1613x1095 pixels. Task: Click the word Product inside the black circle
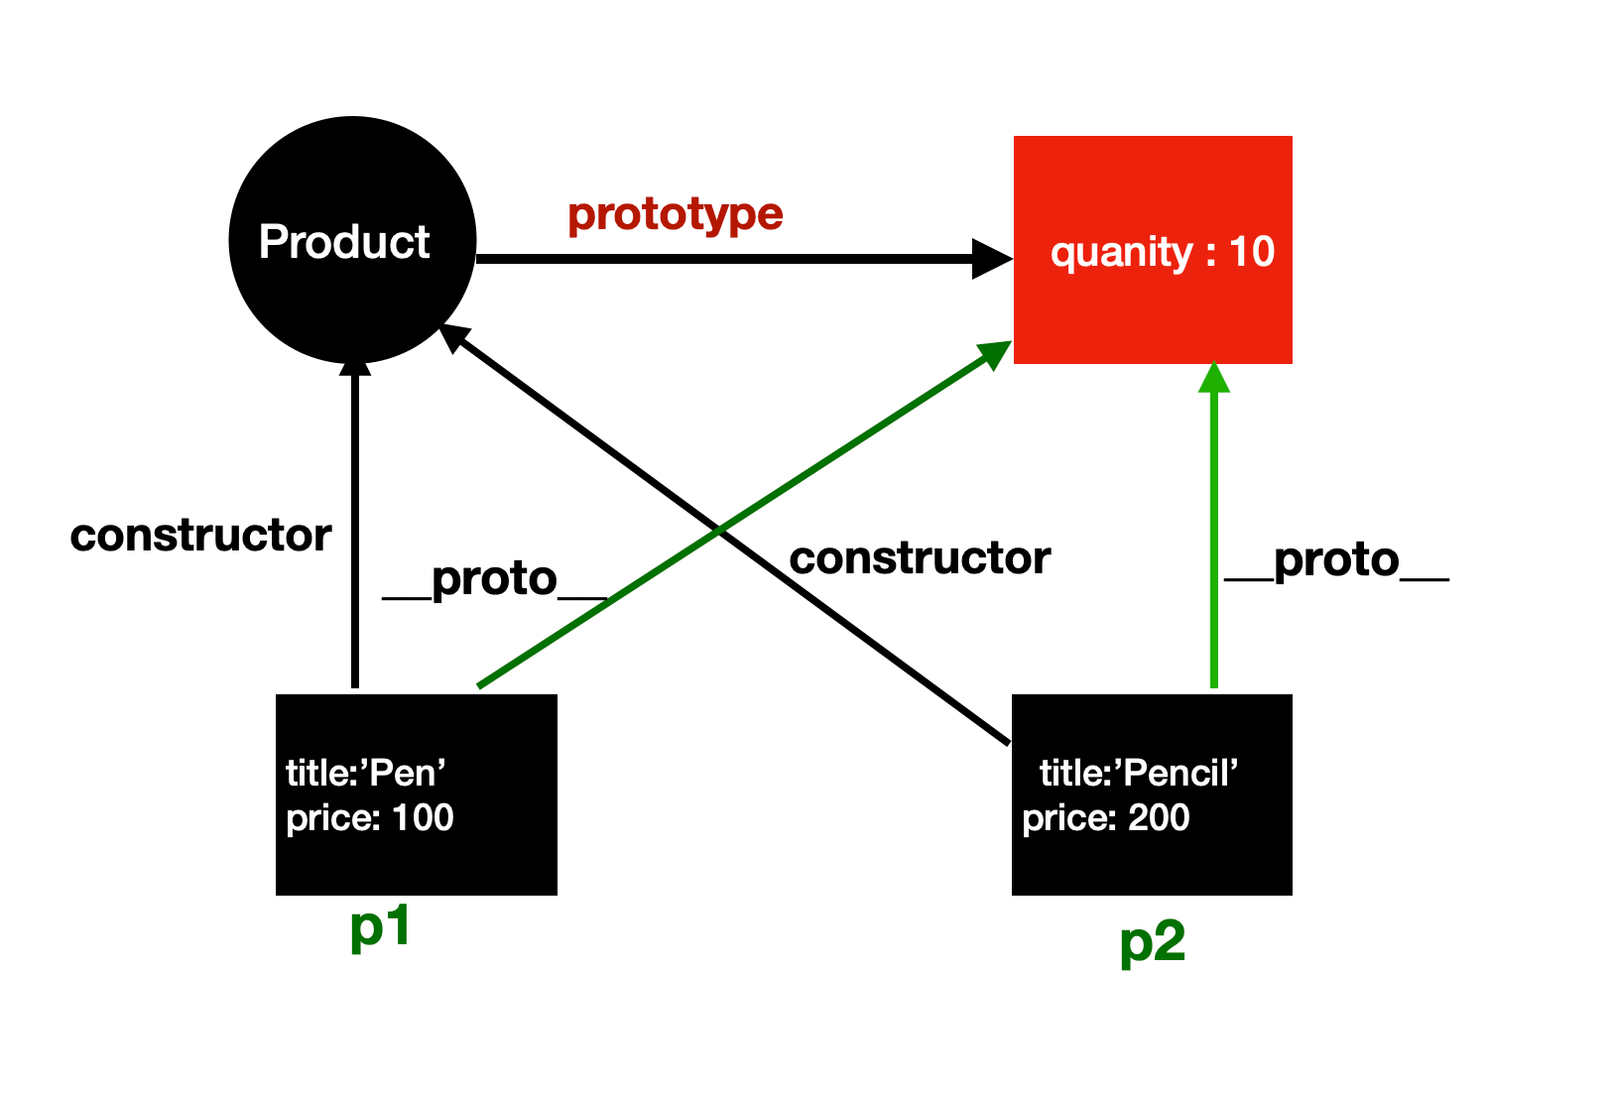(x=344, y=242)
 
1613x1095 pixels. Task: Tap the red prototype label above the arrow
(x=676, y=213)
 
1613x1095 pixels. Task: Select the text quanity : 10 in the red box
(x=1162, y=252)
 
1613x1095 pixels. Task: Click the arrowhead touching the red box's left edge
(x=992, y=259)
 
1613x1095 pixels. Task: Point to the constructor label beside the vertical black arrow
(x=200, y=536)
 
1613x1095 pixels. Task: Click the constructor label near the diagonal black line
(x=920, y=558)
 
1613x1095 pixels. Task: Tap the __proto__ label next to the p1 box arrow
(x=494, y=579)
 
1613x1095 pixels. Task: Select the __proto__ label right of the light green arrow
(x=1336, y=560)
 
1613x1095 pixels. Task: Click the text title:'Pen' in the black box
(x=365, y=773)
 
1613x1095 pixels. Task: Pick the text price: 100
(x=369, y=817)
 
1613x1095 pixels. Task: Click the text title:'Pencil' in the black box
(x=1139, y=773)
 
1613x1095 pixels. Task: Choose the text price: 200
(x=1105, y=817)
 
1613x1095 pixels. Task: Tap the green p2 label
(x=1152, y=941)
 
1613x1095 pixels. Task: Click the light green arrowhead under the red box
(x=1213, y=379)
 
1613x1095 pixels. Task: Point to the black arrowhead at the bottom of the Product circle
(x=354, y=369)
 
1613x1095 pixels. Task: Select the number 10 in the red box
(x=1251, y=252)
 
